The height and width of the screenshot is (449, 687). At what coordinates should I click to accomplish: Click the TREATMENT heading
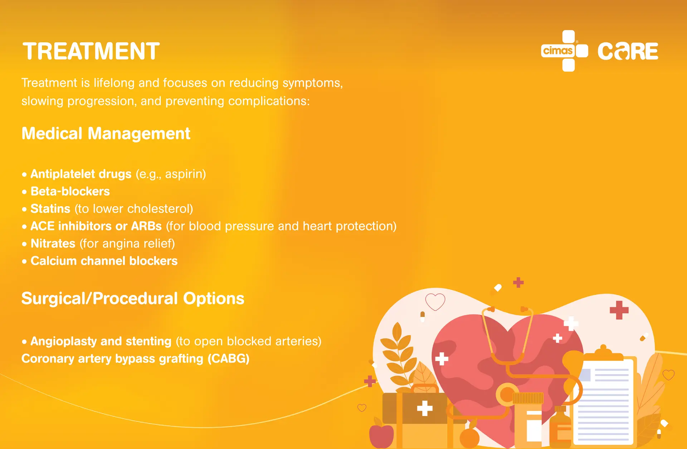point(91,51)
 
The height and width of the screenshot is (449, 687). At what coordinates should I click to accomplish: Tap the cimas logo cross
point(565,51)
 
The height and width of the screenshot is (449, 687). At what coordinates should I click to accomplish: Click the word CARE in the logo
point(628,51)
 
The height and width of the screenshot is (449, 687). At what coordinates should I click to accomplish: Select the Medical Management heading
point(106,134)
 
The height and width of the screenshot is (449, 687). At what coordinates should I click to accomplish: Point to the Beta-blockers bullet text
point(70,191)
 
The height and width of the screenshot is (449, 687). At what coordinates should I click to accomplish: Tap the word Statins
point(50,208)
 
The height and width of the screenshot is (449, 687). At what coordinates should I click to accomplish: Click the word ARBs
point(147,226)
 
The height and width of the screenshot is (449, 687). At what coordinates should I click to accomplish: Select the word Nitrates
point(53,243)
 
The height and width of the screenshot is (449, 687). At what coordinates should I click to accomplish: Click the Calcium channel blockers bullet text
point(104,261)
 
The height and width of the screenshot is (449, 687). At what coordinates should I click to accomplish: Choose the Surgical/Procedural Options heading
point(133,299)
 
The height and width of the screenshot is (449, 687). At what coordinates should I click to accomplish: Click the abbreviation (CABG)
point(229,358)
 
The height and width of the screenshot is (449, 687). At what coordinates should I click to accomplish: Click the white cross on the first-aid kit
point(425,408)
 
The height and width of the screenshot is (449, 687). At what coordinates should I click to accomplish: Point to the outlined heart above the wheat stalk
point(435,301)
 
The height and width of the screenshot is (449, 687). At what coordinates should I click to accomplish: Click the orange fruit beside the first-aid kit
point(469,438)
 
